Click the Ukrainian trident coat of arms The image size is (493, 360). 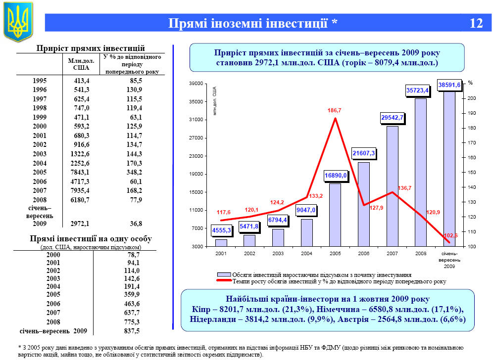18,22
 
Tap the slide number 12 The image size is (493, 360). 476,23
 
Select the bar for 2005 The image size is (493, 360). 335,215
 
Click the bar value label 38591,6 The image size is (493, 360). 449,85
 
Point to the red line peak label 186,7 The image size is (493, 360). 335,111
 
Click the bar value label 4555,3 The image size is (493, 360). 221,230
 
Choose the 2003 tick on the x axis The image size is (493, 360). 278,253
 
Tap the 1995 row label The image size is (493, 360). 40,81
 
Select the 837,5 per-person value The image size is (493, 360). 132,331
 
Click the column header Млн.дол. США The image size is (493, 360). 81,64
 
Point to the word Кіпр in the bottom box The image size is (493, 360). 201,309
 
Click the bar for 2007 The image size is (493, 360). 392,186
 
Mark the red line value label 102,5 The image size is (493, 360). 450,235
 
